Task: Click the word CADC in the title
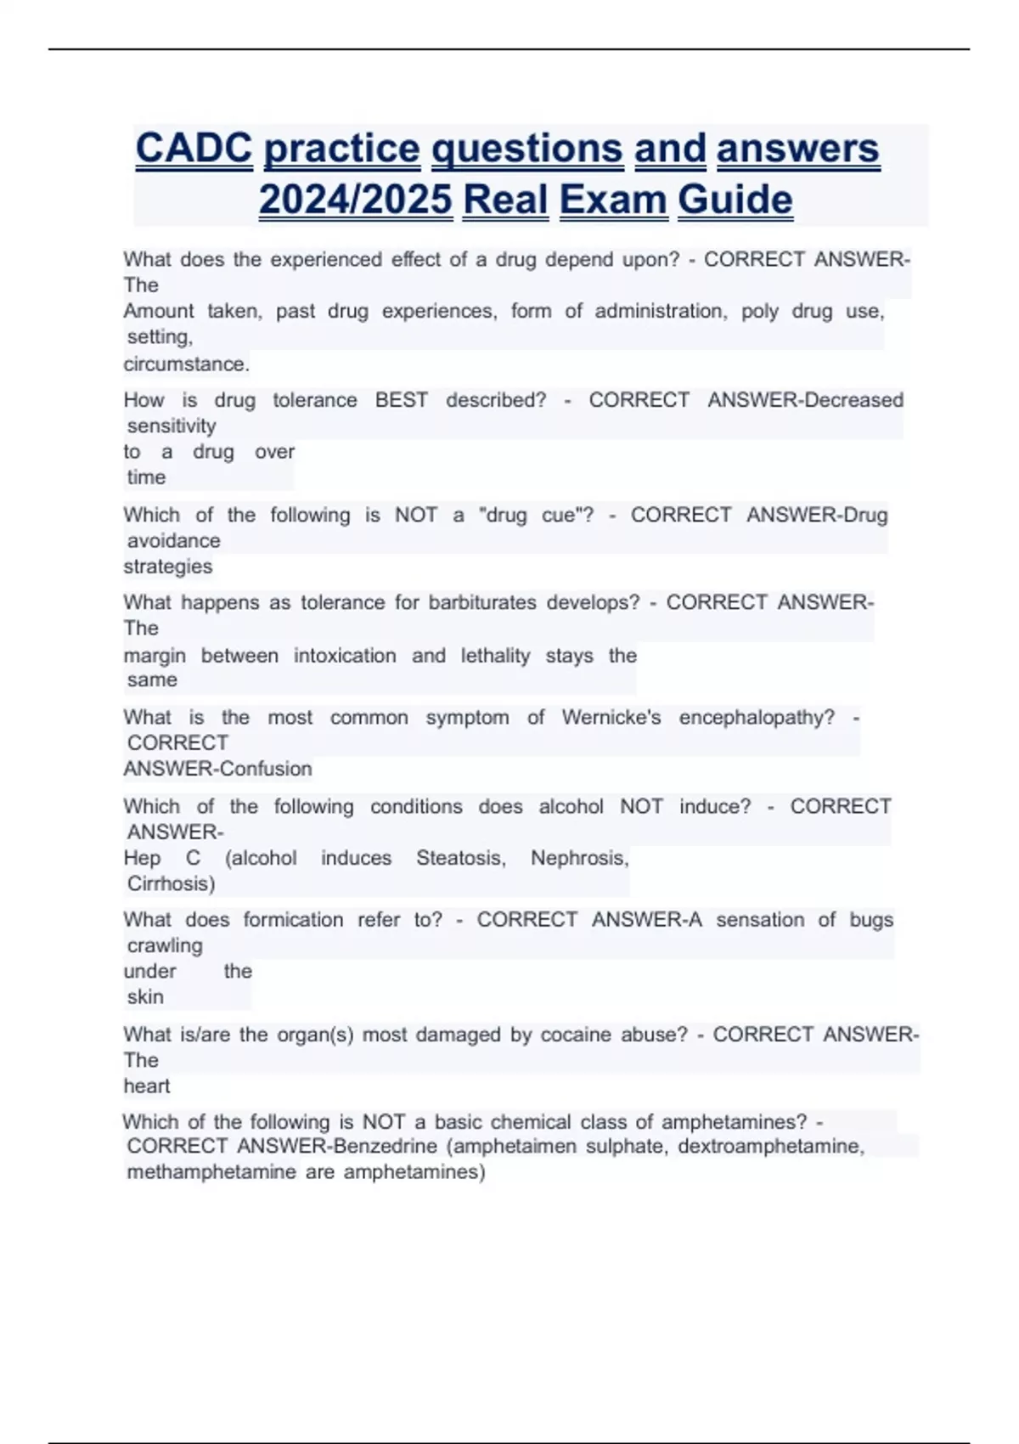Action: (194, 149)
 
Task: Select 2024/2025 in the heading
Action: (356, 200)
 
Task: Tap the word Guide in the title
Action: (735, 200)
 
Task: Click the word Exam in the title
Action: (613, 200)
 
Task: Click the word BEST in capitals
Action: (402, 400)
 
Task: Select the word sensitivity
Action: (172, 426)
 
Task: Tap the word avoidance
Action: (173, 540)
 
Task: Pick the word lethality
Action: (495, 656)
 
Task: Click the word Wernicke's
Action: (611, 718)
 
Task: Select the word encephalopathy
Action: (757, 718)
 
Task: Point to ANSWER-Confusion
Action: (218, 769)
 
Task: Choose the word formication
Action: (293, 920)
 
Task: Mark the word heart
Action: (147, 1086)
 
